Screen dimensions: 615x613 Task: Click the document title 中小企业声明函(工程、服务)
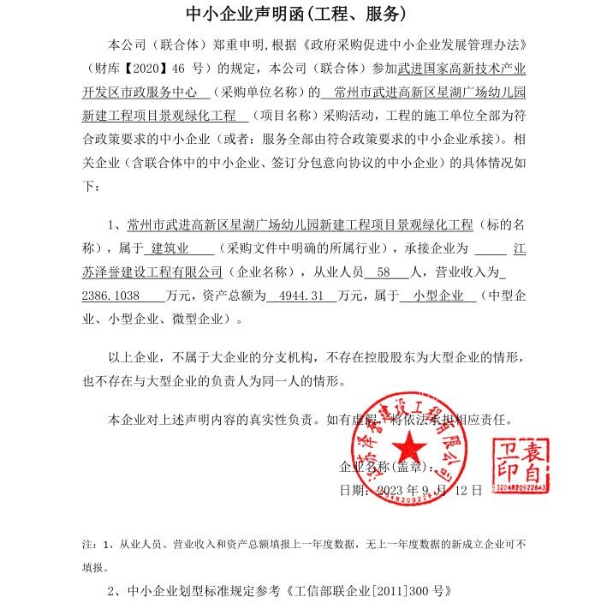(x=296, y=15)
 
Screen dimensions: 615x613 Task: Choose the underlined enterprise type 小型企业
(x=437, y=296)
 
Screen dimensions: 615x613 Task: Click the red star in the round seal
(x=410, y=444)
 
